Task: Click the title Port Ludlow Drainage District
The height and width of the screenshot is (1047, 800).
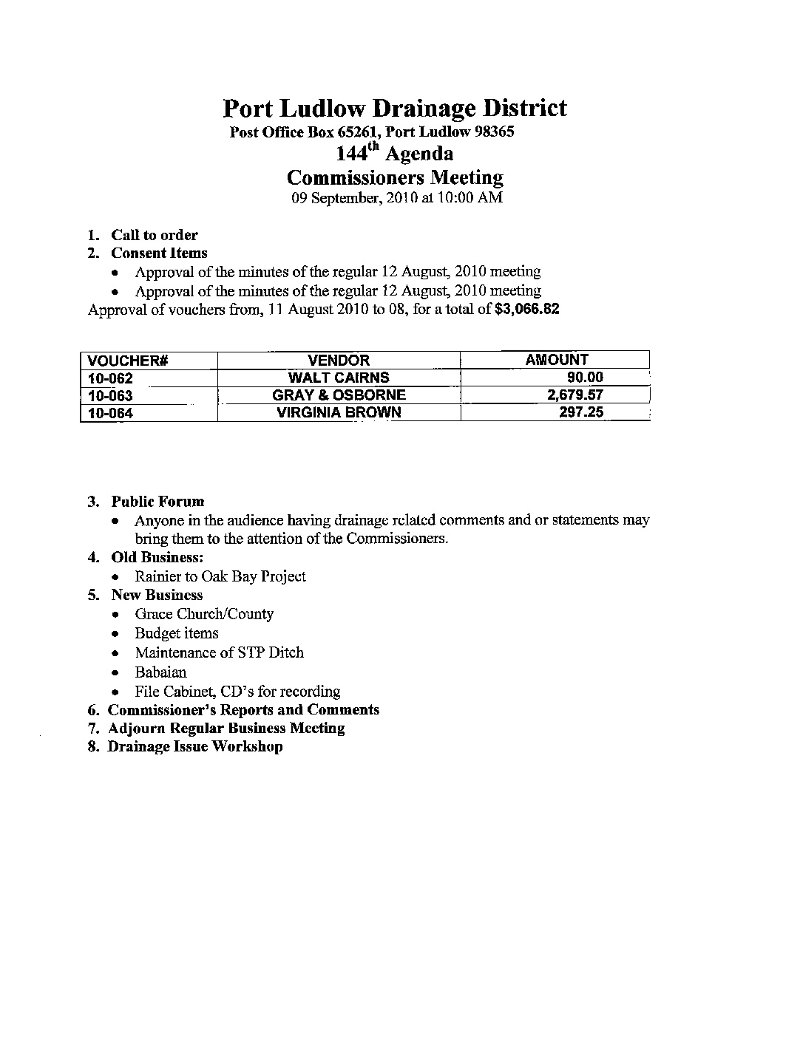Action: [394, 109]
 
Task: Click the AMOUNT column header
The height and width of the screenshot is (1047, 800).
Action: [556, 360]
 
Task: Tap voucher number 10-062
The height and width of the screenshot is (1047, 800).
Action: [110, 378]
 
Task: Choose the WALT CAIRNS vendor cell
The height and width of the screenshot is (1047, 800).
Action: [339, 378]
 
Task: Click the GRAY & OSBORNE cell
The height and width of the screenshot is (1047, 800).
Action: [339, 395]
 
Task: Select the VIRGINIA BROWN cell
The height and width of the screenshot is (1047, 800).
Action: [339, 413]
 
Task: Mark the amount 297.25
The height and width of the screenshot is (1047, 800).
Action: [581, 412]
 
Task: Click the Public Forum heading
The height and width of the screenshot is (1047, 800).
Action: [157, 502]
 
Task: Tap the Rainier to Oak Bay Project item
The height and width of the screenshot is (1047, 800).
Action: [220, 576]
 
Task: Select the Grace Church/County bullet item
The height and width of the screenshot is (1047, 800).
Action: [204, 614]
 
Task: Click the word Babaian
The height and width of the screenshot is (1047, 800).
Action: [160, 672]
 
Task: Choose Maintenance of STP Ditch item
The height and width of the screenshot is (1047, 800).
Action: [219, 652]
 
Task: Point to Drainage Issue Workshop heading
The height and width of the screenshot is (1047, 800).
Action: [195, 746]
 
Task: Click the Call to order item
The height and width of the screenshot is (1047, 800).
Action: [155, 235]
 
